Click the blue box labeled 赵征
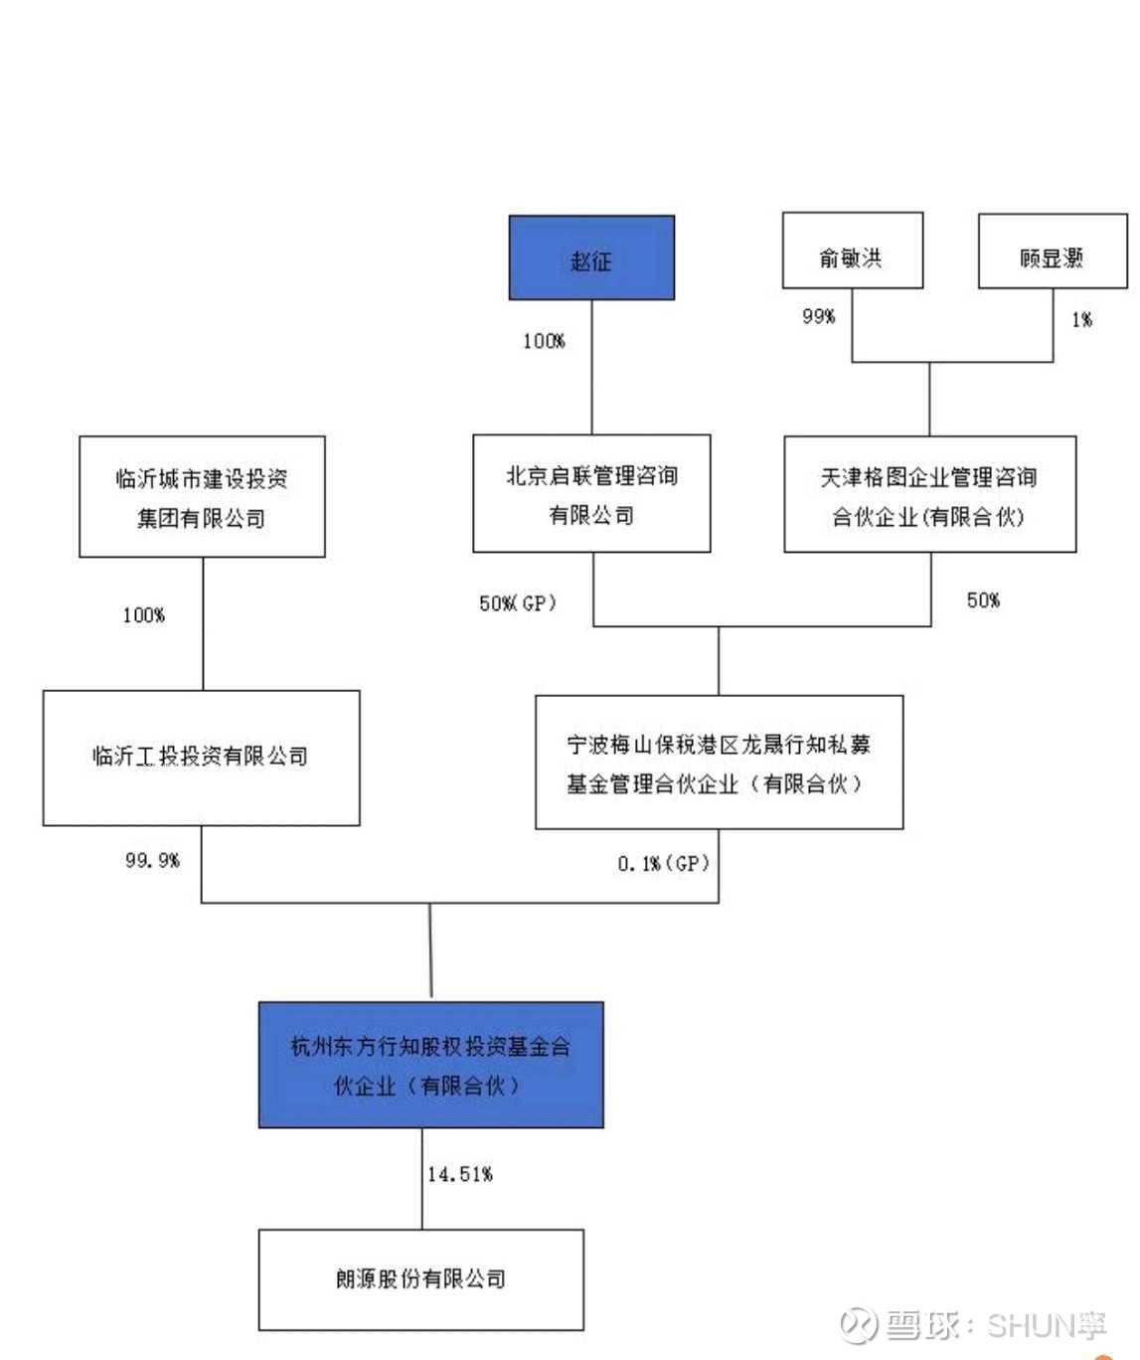pos(591,258)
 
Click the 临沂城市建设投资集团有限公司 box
pos(202,497)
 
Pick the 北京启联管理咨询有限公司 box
pos(591,494)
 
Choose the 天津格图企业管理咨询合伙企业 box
pos(929,495)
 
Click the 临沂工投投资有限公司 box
pos(201,758)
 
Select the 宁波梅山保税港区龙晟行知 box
pos(719,763)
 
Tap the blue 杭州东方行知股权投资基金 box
pos(430,1065)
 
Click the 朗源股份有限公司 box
pos(420,1279)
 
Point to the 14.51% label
pos(460,1175)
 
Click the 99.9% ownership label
pos(152,860)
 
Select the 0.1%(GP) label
pos(663,864)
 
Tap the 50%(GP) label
pos(517,603)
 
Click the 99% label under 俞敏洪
pos(819,316)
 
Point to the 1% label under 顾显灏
pos(1081,320)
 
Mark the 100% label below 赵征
pos(544,341)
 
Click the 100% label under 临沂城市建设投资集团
pos(143,615)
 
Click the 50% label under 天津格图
pos(983,600)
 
